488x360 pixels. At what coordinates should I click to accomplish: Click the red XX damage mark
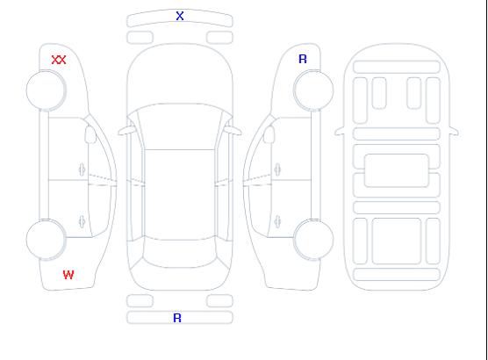pyautogui.click(x=59, y=60)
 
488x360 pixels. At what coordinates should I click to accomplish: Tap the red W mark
pyautogui.click(x=68, y=275)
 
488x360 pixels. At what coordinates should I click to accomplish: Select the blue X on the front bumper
pyautogui.click(x=180, y=16)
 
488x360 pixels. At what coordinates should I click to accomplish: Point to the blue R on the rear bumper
pyautogui.click(x=177, y=318)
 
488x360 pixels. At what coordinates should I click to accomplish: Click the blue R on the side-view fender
pyautogui.click(x=303, y=59)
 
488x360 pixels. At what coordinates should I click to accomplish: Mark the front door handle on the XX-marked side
pyautogui.click(x=82, y=169)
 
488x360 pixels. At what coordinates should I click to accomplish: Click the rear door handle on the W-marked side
pyautogui.click(x=82, y=221)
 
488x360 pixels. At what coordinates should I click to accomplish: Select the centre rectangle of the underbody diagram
pyautogui.click(x=397, y=170)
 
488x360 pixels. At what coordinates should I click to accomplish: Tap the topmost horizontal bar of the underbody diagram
pyautogui.click(x=397, y=68)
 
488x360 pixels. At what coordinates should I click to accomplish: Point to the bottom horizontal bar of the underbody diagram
pyautogui.click(x=397, y=275)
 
